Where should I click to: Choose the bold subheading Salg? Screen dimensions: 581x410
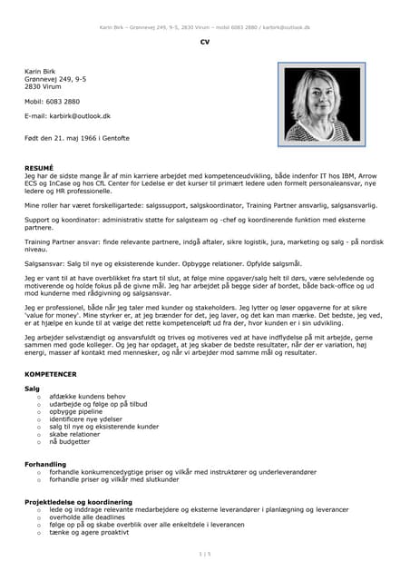(32, 389)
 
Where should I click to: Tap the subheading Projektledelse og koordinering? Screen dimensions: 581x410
(78, 502)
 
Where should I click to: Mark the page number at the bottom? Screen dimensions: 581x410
(204, 553)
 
